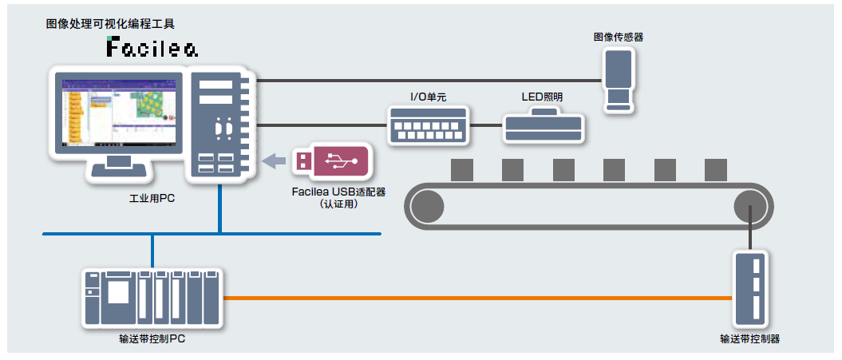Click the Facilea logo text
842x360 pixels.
point(152,49)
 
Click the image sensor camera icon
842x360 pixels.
point(619,79)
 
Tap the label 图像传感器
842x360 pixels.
point(618,37)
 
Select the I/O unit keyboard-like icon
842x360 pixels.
point(428,125)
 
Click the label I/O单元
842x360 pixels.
point(428,97)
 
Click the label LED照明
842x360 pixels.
point(543,97)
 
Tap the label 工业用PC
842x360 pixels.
point(152,198)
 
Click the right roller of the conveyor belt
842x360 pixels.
point(750,204)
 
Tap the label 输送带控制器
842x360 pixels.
point(749,338)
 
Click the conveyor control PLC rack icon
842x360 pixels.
point(152,297)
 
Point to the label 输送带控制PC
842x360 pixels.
point(152,338)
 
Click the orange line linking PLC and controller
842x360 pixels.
point(479,298)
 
